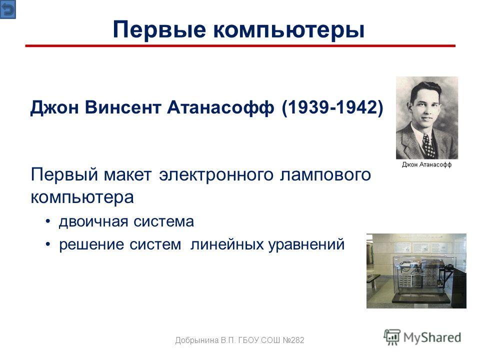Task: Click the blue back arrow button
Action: point(7,9)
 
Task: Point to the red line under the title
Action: point(240,46)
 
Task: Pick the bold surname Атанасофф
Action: point(220,107)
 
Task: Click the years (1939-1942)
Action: point(332,107)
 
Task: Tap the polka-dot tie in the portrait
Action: point(428,145)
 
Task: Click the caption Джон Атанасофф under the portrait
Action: point(426,164)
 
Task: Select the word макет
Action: point(127,175)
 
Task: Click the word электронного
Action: point(216,175)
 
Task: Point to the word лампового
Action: point(325,175)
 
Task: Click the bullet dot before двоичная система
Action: point(48,221)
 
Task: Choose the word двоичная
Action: point(93,221)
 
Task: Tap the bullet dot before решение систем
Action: point(48,244)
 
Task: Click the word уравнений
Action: point(306,244)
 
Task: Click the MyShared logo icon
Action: point(392,337)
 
